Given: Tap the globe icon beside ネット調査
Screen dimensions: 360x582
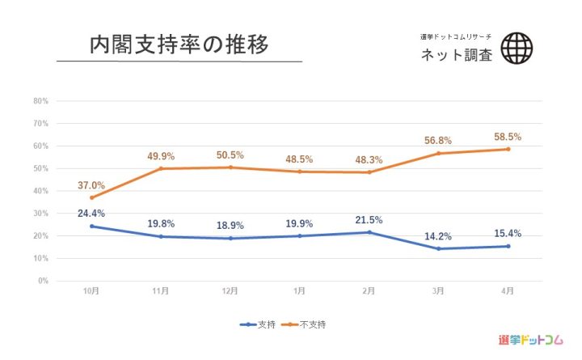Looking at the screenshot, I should click(517, 48).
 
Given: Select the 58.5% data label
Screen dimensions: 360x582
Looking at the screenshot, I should click(508, 138).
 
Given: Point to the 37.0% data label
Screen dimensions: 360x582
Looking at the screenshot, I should click(92, 186).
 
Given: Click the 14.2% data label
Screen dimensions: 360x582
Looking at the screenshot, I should click(439, 237).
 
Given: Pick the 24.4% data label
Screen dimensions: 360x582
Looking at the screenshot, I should click(92, 214).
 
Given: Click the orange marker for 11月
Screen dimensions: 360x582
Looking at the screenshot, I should click(161, 168).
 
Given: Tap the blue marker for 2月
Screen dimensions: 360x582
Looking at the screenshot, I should click(369, 232).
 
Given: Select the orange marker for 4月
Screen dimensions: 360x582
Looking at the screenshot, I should click(508, 149).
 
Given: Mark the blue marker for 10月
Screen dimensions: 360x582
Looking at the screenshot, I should click(91, 226).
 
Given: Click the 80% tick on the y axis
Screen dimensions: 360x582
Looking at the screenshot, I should click(41, 101).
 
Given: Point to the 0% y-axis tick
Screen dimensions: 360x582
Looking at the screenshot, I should click(43, 281).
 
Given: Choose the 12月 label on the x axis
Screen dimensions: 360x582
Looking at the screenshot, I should click(230, 291).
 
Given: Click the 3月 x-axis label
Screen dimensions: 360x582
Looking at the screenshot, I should click(438, 291).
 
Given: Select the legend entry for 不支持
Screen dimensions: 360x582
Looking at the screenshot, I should click(310, 324).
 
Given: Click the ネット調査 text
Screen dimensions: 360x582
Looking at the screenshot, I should click(456, 55).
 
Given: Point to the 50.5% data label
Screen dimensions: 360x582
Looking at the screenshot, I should click(230, 155).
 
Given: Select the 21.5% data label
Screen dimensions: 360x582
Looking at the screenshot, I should click(369, 220).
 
